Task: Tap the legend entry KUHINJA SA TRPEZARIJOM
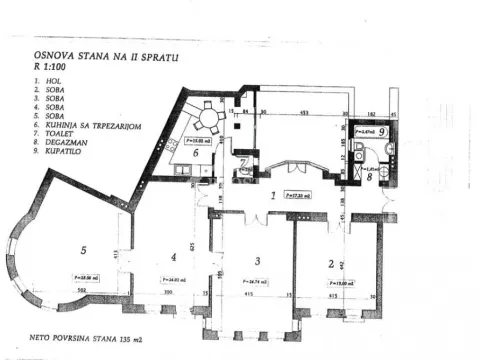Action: pyautogui.click(x=89, y=125)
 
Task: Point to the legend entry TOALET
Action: pyautogui.click(x=59, y=134)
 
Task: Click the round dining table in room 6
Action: pyautogui.click(x=207, y=121)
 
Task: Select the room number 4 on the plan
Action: pyautogui.click(x=173, y=255)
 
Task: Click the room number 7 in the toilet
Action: pyautogui.click(x=242, y=163)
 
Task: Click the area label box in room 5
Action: pyautogui.click(x=88, y=277)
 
